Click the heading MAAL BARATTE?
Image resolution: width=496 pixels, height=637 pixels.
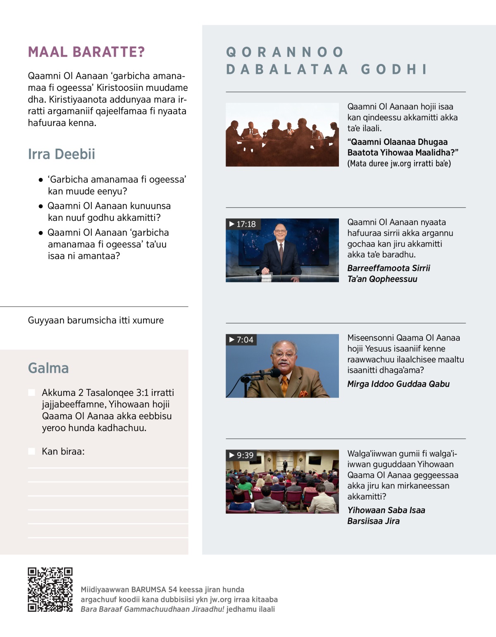tap(86, 52)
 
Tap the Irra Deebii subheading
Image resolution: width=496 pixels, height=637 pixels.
tap(62, 154)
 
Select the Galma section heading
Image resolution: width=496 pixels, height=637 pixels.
tap(48, 368)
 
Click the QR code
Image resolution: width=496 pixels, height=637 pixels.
tap(50, 590)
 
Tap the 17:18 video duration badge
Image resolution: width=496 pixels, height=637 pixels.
tap(243, 224)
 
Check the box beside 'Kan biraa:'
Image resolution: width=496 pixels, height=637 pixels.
tap(31, 451)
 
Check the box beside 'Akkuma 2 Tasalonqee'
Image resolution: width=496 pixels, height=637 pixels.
tap(31, 393)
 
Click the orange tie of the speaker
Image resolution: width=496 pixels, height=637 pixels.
tap(284, 384)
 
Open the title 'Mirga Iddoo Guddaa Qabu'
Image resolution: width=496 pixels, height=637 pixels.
tap(398, 384)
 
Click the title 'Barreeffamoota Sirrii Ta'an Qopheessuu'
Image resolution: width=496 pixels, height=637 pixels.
tap(388, 273)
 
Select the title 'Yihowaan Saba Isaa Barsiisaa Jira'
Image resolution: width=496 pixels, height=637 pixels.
tap(386, 515)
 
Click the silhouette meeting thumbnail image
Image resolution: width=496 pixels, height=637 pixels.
tap(282, 135)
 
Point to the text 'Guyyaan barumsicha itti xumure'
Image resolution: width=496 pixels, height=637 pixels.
tap(95, 320)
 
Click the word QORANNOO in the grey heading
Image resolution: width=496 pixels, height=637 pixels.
tap(285, 52)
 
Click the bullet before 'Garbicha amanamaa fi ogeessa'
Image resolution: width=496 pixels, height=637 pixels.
tap(41, 180)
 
